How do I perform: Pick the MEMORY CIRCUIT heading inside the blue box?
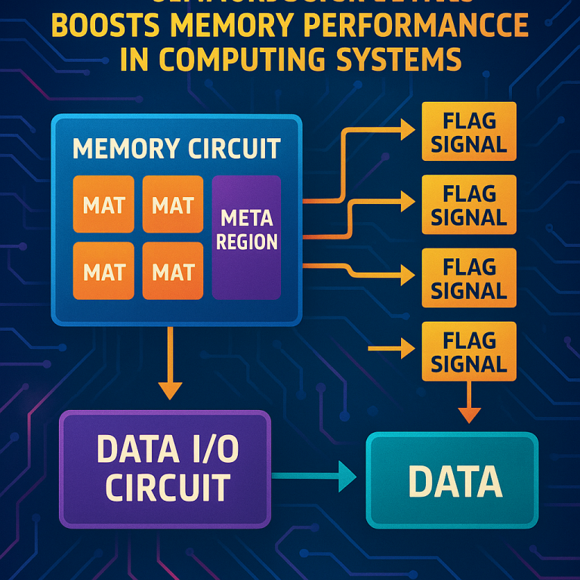177,148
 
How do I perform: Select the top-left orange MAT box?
103,204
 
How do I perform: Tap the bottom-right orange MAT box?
173,270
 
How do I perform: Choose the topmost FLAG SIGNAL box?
469,131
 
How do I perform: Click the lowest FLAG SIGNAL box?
469,351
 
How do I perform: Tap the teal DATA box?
452,480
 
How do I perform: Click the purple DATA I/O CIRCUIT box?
165,469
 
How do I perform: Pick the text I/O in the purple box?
211,450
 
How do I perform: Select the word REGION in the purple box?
246,242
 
